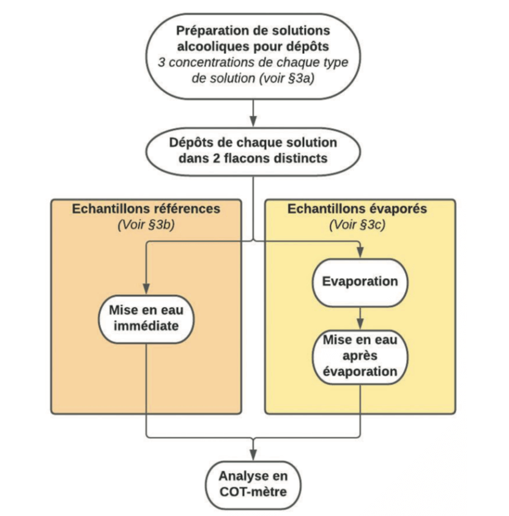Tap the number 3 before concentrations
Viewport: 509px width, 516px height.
[x=162, y=62]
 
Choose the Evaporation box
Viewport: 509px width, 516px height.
[x=360, y=283]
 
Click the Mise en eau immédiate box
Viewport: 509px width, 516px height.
[x=146, y=319]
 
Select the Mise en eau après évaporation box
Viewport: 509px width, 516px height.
[x=360, y=357]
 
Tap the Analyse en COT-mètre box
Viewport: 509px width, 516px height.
[x=253, y=485]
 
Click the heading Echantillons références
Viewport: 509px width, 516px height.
[x=146, y=208]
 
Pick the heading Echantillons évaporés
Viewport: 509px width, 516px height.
[x=357, y=208]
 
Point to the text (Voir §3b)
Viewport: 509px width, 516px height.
[x=146, y=224]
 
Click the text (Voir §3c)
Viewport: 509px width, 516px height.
[x=357, y=224]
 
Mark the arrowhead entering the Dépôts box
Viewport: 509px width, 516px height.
[x=253, y=121]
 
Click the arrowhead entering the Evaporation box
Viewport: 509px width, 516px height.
[x=360, y=252]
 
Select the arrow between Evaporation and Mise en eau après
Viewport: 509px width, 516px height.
[x=360, y=319]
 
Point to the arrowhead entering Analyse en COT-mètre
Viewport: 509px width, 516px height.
[x=253, y=455]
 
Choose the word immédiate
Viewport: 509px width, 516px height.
[x=146, y=326]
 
